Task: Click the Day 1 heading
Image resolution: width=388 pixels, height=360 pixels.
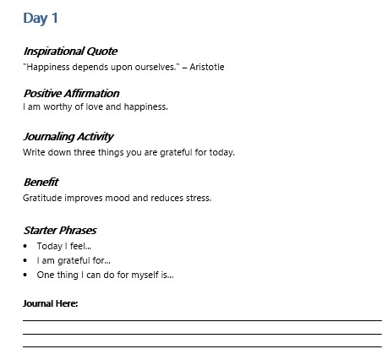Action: [x=41, y=17]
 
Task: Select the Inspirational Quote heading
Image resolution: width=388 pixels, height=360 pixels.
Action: [x=70, y=51]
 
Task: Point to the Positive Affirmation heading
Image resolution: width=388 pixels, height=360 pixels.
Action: [x=71, y=93]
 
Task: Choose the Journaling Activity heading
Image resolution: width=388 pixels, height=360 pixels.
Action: [x=68, y=136]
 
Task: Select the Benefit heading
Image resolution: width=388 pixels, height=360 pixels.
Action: [x=41, y=182]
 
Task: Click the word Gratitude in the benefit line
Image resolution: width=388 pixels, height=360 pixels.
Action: [x=44, y=198]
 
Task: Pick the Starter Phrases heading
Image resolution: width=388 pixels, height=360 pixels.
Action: [x=60, y=229]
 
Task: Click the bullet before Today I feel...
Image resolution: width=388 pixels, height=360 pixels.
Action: [x=26, y=246]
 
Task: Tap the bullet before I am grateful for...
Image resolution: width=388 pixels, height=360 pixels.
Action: [x=26, y=260]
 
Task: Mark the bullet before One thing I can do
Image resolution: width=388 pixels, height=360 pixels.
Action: [x=26, y=275]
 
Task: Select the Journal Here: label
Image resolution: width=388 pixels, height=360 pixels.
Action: [x=50, y=303]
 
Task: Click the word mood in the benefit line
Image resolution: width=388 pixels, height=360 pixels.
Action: [x=120, y=198]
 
